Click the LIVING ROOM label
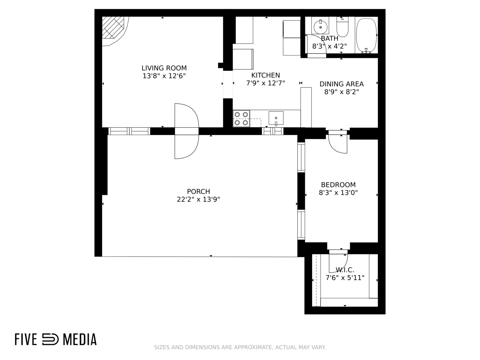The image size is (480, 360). (x=164, y=68)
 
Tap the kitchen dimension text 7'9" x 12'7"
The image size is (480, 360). (x=265, y=83)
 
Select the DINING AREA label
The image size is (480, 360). (x=342, y=84)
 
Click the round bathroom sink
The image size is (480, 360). (x=320, y=27)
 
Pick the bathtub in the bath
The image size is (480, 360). (x=366, y=35)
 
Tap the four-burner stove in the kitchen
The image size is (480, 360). (x=241, y=118)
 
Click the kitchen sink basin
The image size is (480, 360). (x=276, y=118)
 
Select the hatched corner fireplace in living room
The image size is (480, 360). (x=113, y=28)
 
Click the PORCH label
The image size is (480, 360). (x=198, y=191)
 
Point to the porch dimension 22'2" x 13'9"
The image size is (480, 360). (x=198, y=199)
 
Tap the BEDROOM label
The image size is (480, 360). (x=338, y=185)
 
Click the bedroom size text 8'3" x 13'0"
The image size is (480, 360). (x=338, y=193)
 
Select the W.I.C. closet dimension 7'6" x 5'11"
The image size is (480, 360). (x=345, y=278)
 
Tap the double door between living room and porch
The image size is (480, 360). (x=187, y=131)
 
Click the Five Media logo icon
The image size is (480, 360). (x=50, y=339)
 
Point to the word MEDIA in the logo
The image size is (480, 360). (x=80, y=339)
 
